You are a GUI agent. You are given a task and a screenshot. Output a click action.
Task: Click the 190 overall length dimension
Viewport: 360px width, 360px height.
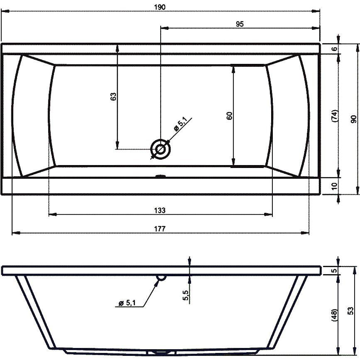(x=160, y=7)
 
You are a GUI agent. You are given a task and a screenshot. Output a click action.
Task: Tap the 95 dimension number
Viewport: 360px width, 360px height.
(x=240, y=24)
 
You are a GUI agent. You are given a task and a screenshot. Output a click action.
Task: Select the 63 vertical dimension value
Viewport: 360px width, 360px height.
(x=113, y=97)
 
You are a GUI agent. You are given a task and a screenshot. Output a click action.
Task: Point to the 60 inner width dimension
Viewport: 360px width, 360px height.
(x=229, y=116)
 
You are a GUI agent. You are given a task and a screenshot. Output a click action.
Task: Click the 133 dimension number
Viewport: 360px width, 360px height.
(x=160, y=210)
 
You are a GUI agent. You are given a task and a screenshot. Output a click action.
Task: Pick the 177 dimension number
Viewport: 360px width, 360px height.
(x=160, y=229)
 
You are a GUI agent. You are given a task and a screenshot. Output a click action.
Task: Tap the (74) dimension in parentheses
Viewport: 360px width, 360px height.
(x=335, y=116)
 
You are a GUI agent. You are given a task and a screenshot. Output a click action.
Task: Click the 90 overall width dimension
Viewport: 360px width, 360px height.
(x=353, y=119)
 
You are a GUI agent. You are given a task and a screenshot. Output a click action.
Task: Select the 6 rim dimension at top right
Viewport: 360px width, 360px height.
(x=335, y=49)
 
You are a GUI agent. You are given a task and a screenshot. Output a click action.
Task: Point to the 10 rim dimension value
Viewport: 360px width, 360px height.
(x=335, y=186)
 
